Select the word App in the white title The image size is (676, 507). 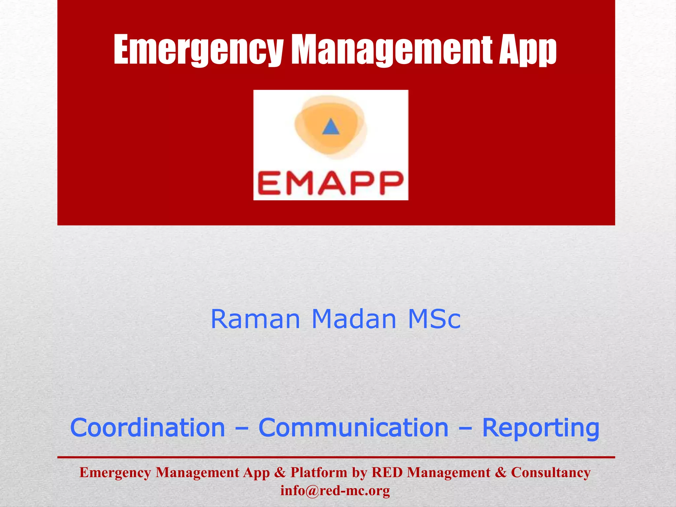[527, 50]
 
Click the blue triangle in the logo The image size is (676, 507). [330, 127]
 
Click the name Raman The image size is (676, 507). [255, 319]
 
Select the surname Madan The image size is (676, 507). [354, 319]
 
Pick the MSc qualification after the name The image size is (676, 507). [434, 319]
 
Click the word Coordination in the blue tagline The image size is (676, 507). [148, 428]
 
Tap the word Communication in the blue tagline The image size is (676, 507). [353, 428]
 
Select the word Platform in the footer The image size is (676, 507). [319, 473]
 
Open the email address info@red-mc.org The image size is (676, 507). [335, 491]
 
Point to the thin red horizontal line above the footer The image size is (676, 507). [336, 457]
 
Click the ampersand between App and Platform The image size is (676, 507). [280, 473]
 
